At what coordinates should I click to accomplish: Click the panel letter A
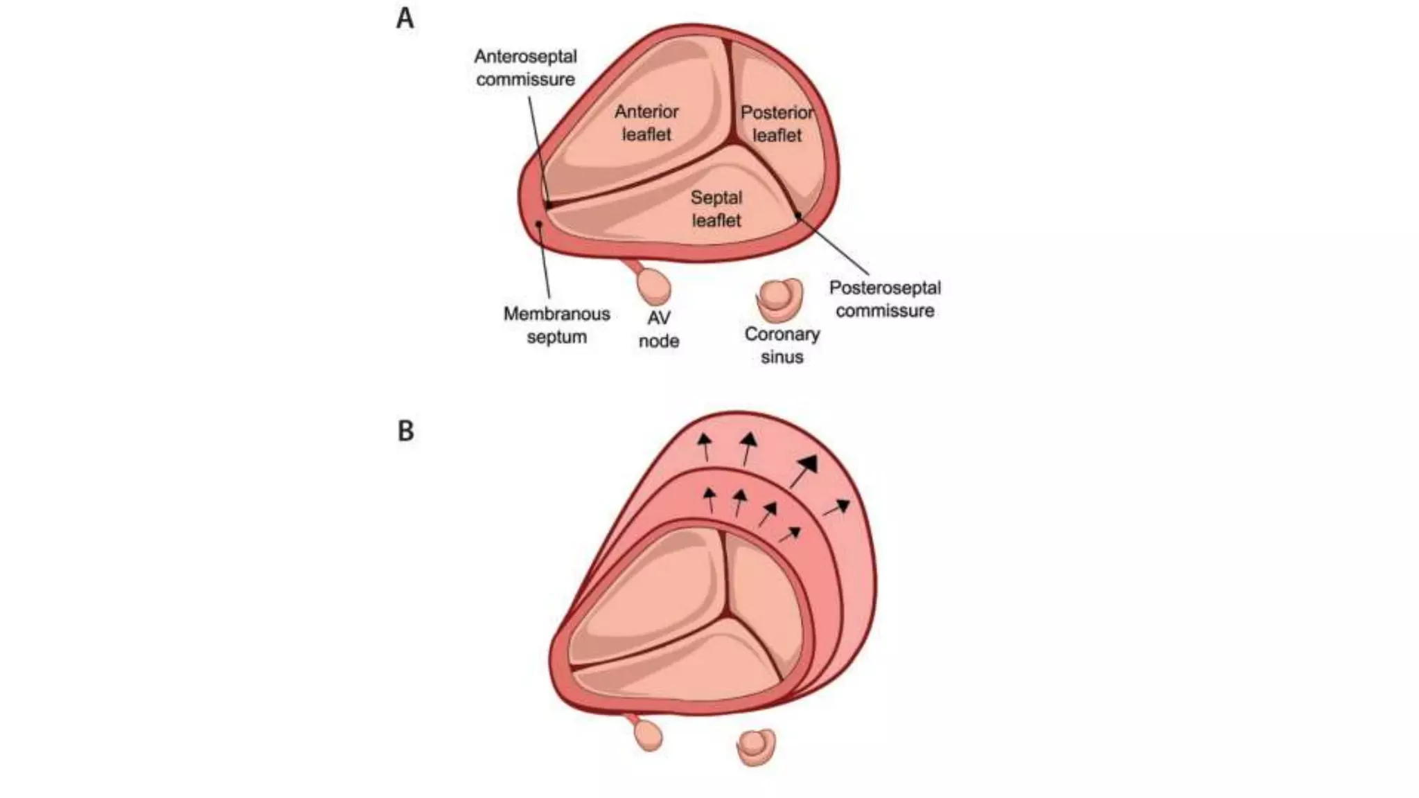[405, 19]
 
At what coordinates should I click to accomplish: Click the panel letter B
[405, 431]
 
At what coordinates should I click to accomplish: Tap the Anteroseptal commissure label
[525, 68]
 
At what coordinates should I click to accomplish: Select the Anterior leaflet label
[646, 123]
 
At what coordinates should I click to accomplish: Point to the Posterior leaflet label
[777, 123]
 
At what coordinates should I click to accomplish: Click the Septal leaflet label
[716, 209]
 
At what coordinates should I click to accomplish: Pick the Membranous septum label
[556, 325]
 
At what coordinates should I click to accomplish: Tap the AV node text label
[658, 329]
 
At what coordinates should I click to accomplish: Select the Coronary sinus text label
[782, 345]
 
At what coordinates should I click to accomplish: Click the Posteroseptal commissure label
[885, 299]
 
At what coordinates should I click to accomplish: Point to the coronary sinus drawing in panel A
[779, 299]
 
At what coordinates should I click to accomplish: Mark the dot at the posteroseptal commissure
[798, 215]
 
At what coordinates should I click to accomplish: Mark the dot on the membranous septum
[540, 223]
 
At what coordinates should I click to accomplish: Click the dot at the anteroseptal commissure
[548, 205]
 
